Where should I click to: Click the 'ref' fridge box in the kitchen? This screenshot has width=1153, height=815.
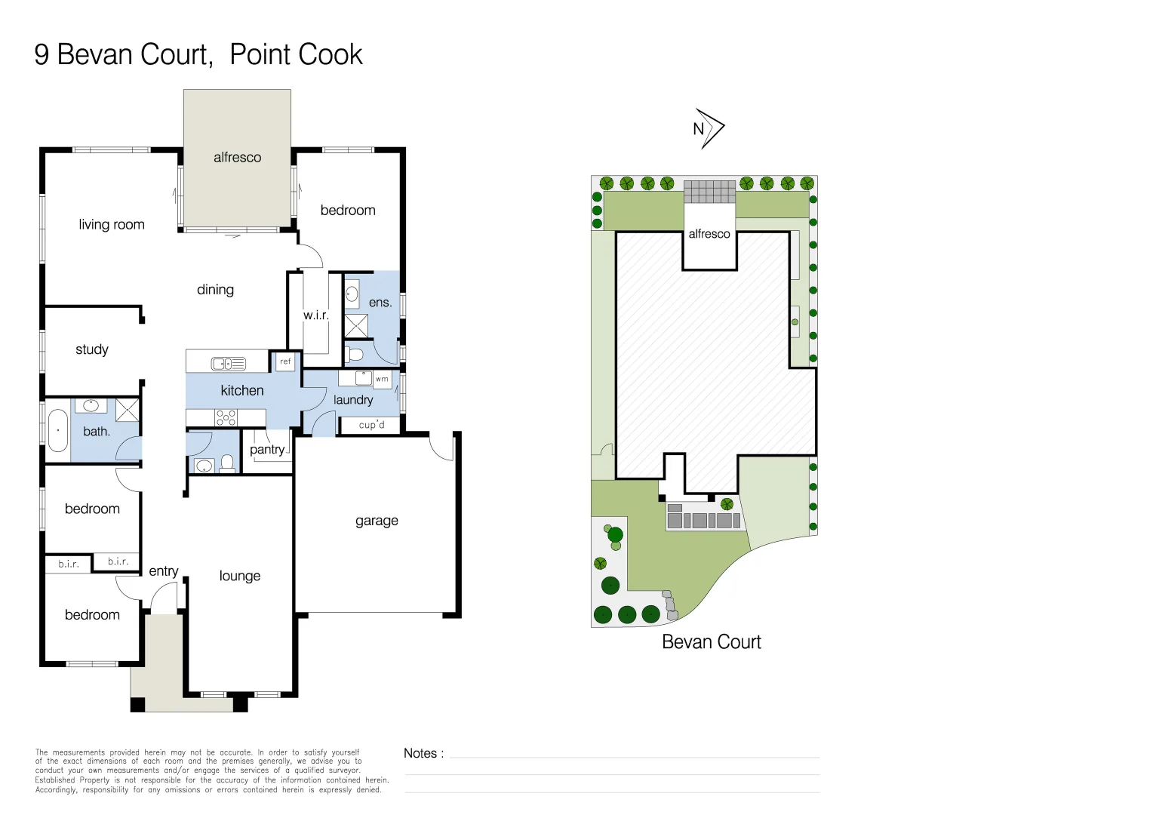click(x=285, y=361)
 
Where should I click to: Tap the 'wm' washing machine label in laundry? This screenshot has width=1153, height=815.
click(x=382, y=379)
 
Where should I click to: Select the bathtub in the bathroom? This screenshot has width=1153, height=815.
click(x=58, y=430)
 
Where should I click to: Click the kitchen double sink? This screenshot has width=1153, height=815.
click(x=228, y=364)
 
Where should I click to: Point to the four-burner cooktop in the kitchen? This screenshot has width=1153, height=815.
click(x=226, y=417)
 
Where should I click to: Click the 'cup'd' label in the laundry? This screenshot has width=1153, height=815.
click(x=371, y=425)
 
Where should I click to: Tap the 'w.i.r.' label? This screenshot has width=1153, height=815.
click(x=315, y=315)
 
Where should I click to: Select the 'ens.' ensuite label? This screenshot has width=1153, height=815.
click(x=380, y=303)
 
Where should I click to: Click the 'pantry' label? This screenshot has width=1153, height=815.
click(x=267, y=450)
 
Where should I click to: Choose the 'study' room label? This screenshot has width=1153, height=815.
click(x=92, y=349)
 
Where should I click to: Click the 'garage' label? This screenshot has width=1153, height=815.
click(x=377, y=521)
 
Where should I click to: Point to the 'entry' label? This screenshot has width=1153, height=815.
click(x=164, y=571)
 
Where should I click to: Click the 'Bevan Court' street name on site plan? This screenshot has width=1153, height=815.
click(x=711, y=642)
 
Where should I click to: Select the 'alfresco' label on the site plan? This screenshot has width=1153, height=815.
click(x=709, y=234)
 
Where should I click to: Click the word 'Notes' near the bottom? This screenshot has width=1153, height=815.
click(x=420, y=753)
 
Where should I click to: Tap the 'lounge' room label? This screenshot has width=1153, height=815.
click(x=240, y=576)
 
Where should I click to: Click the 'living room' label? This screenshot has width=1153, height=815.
click(x=112, y=224)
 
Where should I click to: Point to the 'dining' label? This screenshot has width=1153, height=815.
click(x=215, y=290)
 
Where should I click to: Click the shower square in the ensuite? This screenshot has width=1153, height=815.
click(x=356, y=326)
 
